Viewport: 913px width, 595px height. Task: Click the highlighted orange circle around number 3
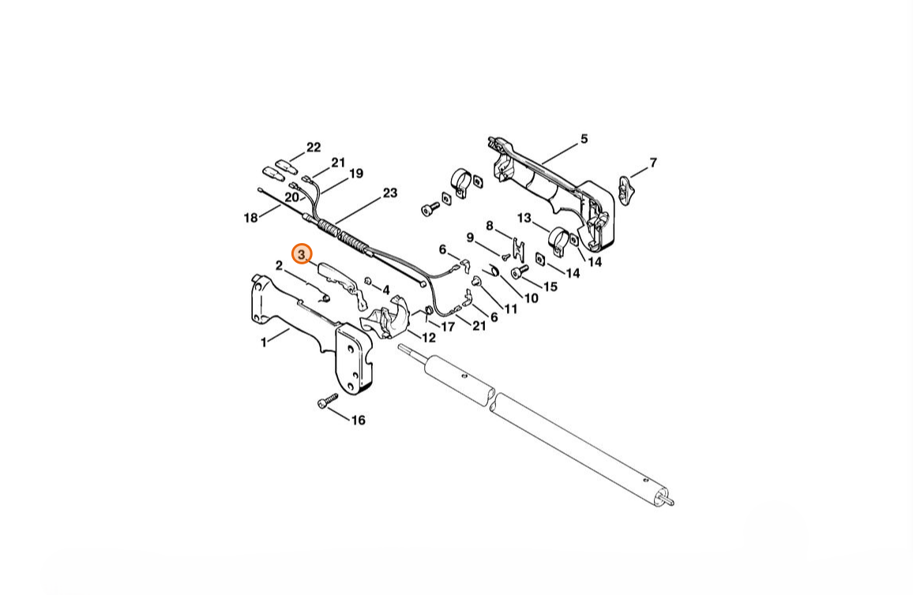(x=302, y=254)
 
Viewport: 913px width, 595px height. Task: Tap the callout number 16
(x=358, y=420)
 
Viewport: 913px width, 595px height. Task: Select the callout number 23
(x=389, y=193)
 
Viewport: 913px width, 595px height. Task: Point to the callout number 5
(x=584, y=138)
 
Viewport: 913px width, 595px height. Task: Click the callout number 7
(x=652, y=163)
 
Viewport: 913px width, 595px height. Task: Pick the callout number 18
(x=250, y=218)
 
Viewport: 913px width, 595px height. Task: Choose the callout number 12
(x=429, y=337)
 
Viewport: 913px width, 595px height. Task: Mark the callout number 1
(x=263, y=342)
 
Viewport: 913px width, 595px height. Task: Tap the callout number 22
(x=314, y=147)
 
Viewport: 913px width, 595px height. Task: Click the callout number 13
(x=524, y=218)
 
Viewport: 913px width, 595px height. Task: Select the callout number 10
(x=531, y=297)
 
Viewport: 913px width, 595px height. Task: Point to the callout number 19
(x=355, y=174)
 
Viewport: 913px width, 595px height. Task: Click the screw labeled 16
(x=328, y=400)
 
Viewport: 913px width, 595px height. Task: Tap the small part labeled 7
(x=626, y=189)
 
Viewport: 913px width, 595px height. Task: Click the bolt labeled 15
(x=519, y=271)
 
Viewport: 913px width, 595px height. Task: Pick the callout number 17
(x=448, y=326)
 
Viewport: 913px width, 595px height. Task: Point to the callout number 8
(x=489, y=226)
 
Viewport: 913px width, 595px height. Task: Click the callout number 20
(x=291, y=197)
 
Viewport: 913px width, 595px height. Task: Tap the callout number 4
(x=385, y=290)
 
